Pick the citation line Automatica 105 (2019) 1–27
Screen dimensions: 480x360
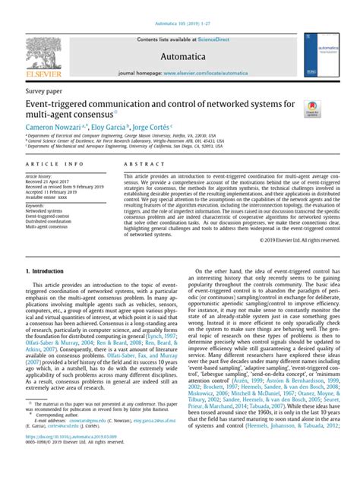(x=179, y=5)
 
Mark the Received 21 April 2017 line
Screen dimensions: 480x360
(x=50, y=182)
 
